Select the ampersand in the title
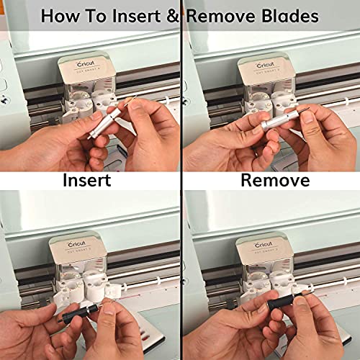[x=178, y=16]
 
